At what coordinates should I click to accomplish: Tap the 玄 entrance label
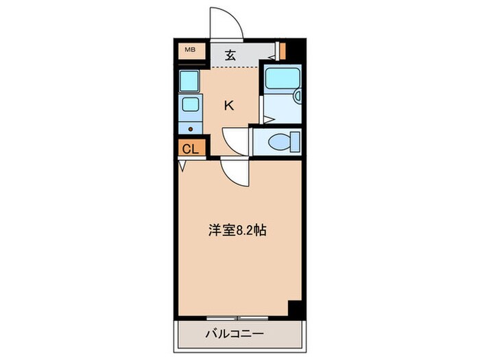click(x=230, y=56)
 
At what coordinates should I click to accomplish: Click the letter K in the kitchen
click(x=230, y=106)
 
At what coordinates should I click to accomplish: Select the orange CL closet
click(x=190, y=149)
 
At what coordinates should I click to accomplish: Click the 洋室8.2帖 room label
click(x=237, y=230)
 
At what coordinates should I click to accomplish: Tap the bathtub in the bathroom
click(x=283, y=80)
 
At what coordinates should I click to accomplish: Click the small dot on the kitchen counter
click(x=191, y=128)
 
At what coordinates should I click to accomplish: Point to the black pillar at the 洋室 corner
click(x=295, y=309)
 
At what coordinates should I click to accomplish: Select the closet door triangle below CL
click(x=182, y=165)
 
